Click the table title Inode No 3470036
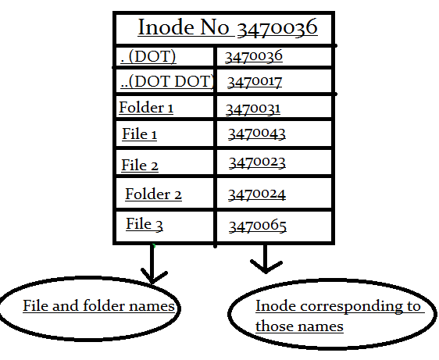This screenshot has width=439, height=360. [x=227, y=28]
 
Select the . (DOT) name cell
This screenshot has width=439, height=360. [x=148, y=56]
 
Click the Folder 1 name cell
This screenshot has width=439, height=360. [x=146, y=108]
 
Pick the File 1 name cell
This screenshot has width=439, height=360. [x=140, y=134]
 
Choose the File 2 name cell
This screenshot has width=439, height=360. [x=140, y=165]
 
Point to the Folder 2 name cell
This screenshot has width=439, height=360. [x=153, y=194]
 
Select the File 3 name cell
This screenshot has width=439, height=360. [x=145, y=225]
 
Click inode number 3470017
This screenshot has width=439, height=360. [x=255, y=81]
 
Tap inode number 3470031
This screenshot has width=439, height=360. [x=252, y=109]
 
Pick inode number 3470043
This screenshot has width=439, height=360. [x=257, y=134]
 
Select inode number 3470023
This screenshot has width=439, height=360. [x=257, y=162]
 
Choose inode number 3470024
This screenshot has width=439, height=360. [x=257, y=194]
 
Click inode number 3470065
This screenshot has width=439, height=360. [x=257, y=226]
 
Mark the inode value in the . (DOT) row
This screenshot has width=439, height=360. [x=253, y=56]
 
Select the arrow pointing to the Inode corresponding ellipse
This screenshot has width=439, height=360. [x=266, y=260]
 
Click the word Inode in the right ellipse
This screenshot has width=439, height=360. [x=271, y=306]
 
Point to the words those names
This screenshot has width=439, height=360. [x=299, y=326]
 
